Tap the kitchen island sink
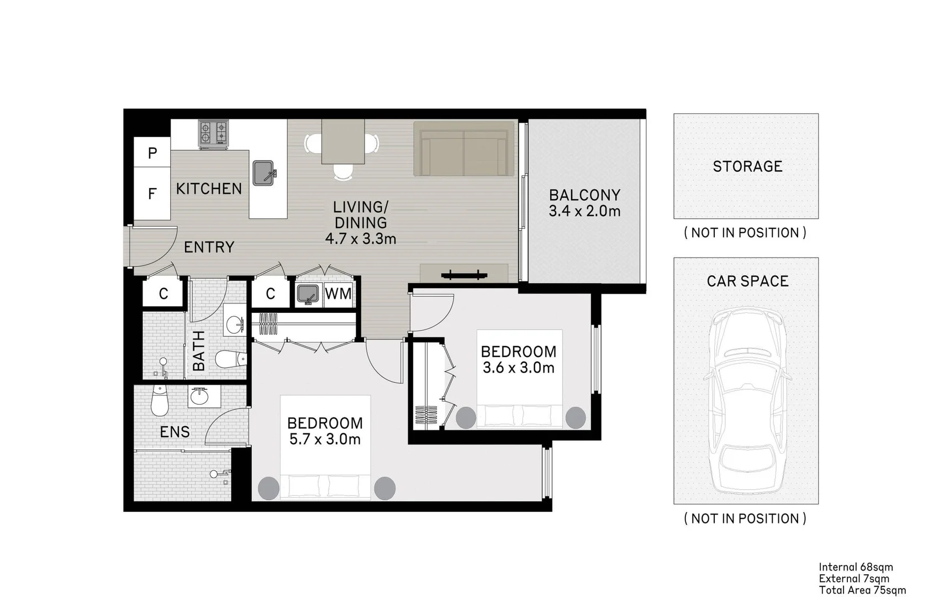[x=264, y=173]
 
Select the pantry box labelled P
[x=152, y=153]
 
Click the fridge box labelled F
[x=152, y=193]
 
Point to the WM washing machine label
[x=338, y=294]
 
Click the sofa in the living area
[x=464, y=149]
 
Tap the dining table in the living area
[x=342, y=142]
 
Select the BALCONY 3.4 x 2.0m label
[x=584, y=203]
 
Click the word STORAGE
[x=747, y=166]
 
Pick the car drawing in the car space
[x=747, y=401]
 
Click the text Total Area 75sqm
[x=862, y=590]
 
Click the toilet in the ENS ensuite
[x=159, y=401]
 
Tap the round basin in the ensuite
[x=199, y=396]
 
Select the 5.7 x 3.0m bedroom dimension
[x=325, y=439]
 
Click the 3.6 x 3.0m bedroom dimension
[x=518, y=368]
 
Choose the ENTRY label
[x=209, y=247]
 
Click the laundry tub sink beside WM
[x=307, y=294]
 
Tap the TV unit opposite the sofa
[x=463, y=274]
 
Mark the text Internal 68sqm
[x=856, y=567]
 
